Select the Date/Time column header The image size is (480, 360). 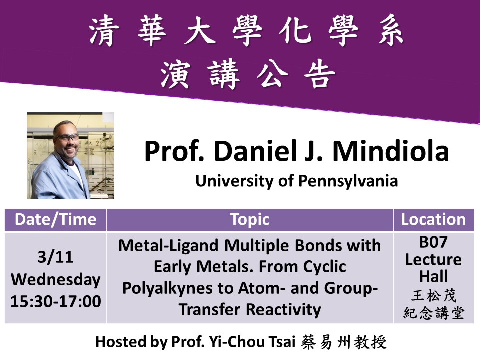pyautogui.click(x=55, y=220)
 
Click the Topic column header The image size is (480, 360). pyautogui.click(x=249, y=220)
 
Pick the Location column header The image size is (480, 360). pyautogui.click(x=433, y=220)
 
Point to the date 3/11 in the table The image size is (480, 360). pyautogui.click(x=55, y=257)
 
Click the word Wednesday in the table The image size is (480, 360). pyautogui.click(x=55, y=280)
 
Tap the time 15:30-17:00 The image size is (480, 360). pyautogui.click(x=55, y=301)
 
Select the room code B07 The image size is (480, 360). pyautogui.click(x=433, y=242)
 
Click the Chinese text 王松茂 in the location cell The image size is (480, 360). pyautogui.click(x=433, y=296)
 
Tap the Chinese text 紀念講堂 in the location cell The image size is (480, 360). pyautogui.click(x=433, y=313)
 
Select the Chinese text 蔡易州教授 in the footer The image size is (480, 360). pyautogui.click(x=344, y=342)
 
